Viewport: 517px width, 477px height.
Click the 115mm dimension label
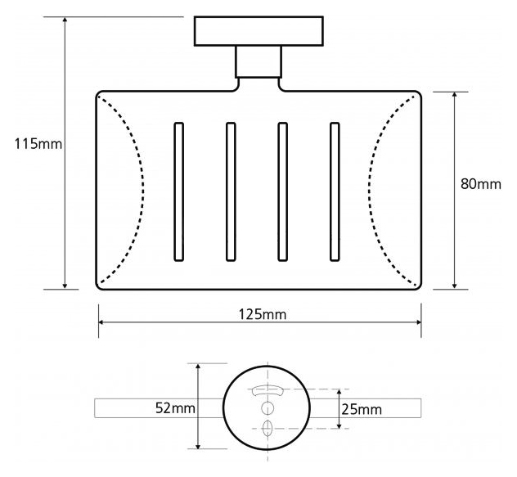click(38, 144)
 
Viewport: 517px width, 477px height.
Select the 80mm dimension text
click(480, 184)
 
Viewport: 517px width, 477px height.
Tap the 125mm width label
click(263, 314)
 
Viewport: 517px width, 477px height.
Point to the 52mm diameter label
click(175, 408)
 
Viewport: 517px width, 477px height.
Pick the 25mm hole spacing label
click(362, 409)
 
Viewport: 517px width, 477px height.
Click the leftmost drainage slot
click(178, 191)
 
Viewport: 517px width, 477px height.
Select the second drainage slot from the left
click(231, 191)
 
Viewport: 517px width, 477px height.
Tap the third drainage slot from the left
click(282, 191)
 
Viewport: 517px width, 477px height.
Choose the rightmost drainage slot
click(335, 191)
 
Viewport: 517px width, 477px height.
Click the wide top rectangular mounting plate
click(258, 31)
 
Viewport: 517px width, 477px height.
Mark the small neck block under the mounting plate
click(258, 62)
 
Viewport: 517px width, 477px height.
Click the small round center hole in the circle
click(267, 408)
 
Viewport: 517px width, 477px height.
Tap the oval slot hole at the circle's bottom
click(267, 429)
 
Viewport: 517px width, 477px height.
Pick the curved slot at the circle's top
click(267, 390)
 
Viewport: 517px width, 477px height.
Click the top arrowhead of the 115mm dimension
click(65, 20)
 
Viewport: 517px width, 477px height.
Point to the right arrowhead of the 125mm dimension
click(418, 322)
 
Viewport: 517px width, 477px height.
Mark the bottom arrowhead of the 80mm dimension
click(455, 286)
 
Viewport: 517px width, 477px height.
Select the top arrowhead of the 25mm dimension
click(339, 392)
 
